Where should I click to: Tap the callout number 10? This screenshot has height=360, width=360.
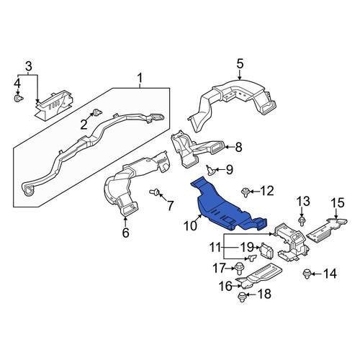(x=191, y=226)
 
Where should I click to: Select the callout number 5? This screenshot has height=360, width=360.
(x=240, y=64)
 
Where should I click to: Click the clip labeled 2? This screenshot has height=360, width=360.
(x=97, y=112)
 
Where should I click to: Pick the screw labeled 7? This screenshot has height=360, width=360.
(x=155, y=192)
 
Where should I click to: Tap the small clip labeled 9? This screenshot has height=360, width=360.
(x=211, y=171)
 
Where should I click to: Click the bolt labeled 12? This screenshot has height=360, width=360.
(x=245, y=192)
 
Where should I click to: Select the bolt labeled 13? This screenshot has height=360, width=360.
(x=302, y=221)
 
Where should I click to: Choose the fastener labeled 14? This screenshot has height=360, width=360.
(x=307, y=274)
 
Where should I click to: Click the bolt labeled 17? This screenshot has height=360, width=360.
(x=239, y=269)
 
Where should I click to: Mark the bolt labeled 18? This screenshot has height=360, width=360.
(x=242, y=297)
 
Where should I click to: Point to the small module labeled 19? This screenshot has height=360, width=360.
(x=267, y=251)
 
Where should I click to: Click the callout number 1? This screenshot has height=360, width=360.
(x=140, y=78)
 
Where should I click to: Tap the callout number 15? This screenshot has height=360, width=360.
(x=338, y=203)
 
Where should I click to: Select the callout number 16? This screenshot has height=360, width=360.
(x=225, y=286)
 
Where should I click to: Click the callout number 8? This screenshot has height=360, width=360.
(x=238, y=148)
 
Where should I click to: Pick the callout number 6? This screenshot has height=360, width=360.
(x=125, y=233)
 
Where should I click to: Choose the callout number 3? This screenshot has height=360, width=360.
(x=28, y=66)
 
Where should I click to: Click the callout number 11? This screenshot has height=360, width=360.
(x=215, y=247)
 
